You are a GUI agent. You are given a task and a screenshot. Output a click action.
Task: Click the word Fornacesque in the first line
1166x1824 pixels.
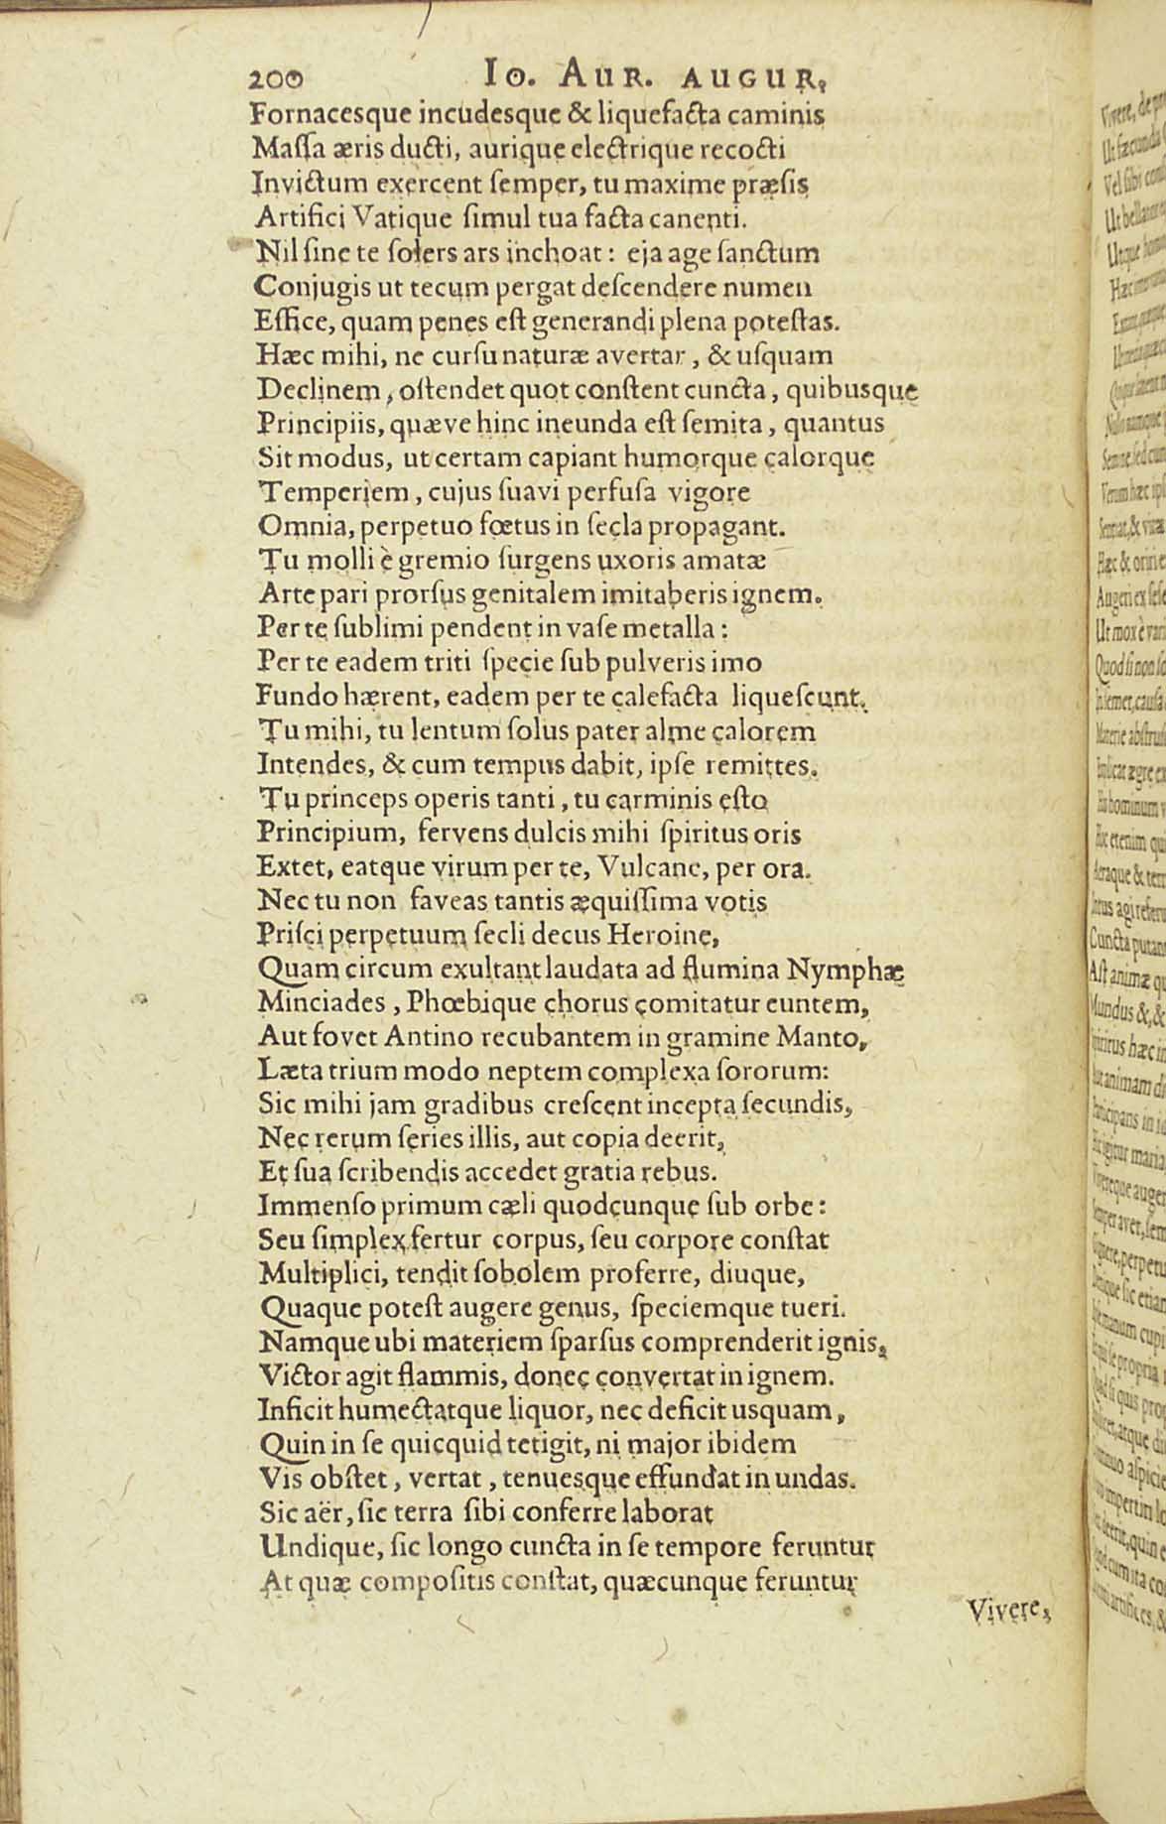(x=326, y=115)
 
